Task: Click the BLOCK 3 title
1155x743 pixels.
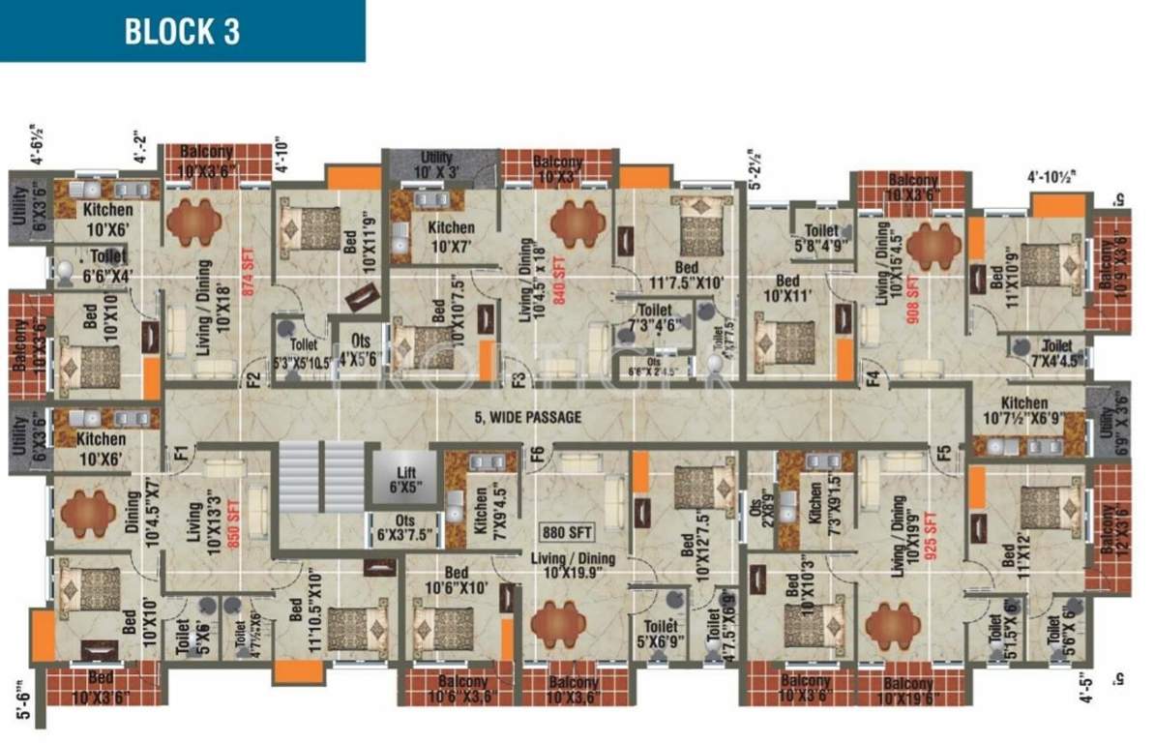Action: point(181,31)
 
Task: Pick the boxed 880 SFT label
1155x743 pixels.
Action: point(567,532)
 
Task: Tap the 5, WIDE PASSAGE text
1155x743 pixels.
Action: point(527,418)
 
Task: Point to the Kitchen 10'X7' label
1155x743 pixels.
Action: point(451,236)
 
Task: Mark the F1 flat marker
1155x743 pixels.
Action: point(180,452)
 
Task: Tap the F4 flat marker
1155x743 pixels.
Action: point(871,376)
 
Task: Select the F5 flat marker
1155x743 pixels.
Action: point(943,452)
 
